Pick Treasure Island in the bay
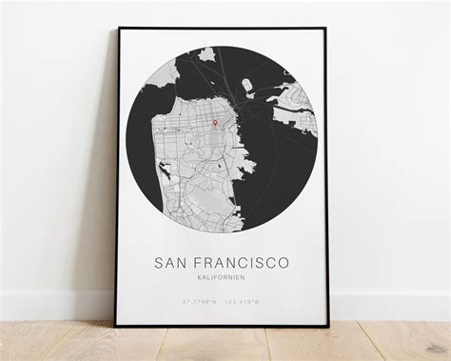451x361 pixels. point(247,88)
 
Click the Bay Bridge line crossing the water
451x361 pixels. point(262,110)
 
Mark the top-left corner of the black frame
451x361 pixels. point(118,29)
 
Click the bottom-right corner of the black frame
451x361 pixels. point(328,327)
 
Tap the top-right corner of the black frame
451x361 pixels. point(326,28)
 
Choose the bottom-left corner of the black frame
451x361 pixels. point(117,326)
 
